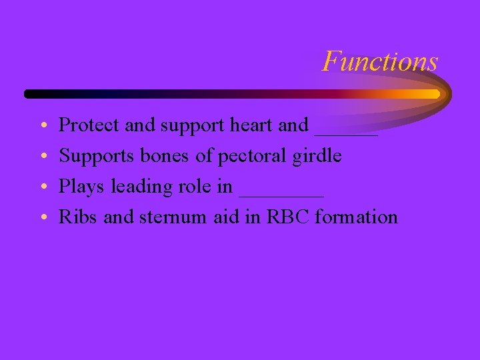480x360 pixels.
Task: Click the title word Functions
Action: click(380, 61)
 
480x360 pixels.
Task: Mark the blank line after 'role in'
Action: click(281, 194)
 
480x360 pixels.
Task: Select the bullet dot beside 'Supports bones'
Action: click(42, 157)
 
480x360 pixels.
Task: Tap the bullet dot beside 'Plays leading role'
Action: click(42, 187)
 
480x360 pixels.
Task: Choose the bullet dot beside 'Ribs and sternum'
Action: click(42, 218)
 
